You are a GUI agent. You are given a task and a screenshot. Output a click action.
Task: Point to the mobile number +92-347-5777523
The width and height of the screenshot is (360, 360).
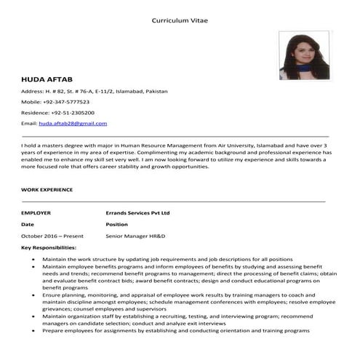click(65, 102)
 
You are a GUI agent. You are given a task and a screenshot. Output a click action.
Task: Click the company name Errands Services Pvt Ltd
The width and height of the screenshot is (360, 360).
click(137, 212)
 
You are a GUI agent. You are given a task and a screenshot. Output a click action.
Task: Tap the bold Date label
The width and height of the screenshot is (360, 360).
click(28, 225)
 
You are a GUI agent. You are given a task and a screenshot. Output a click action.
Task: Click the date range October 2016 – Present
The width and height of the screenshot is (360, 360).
click(52, 236)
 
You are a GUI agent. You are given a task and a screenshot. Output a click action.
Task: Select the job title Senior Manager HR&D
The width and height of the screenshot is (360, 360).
click(135, 236)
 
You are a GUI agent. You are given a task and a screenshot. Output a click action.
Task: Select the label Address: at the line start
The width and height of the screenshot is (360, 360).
click(33, 91)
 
